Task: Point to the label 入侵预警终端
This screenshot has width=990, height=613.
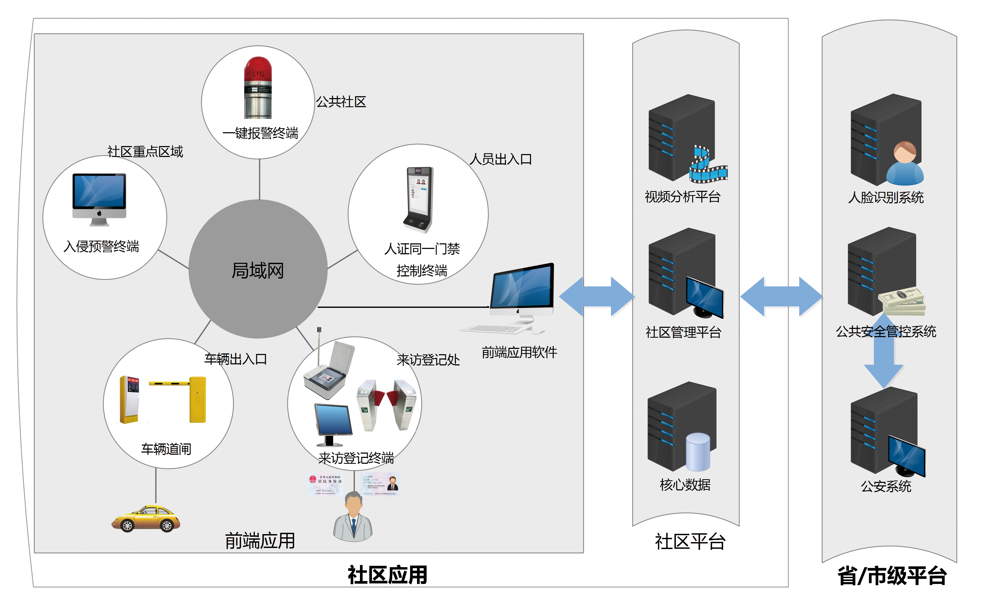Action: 101,246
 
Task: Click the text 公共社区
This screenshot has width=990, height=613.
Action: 341,102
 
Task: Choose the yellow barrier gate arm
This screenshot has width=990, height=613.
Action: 170,383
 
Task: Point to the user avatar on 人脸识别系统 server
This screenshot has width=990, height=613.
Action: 904,164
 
